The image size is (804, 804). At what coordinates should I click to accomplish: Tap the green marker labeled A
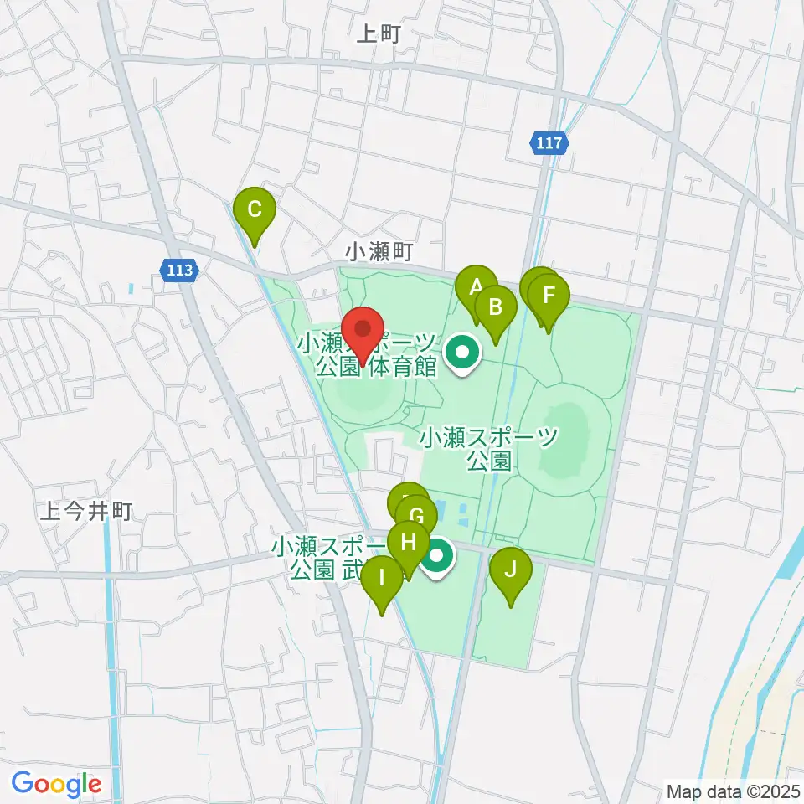click(x=477, y=289)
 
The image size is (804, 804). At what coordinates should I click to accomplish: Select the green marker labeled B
click(x=495, y=309)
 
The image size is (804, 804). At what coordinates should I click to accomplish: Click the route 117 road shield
click(x=549, y=143)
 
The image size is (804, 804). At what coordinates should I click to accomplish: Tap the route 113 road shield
click(x=178, y=270)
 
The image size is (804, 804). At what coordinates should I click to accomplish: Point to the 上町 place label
click(x=380, y=33)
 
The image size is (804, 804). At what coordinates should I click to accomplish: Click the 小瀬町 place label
click(x=379, y=250)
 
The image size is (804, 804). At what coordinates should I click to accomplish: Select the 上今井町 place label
click(x=86, y=512)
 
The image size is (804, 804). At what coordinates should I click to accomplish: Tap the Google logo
click(x=56, y=785)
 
